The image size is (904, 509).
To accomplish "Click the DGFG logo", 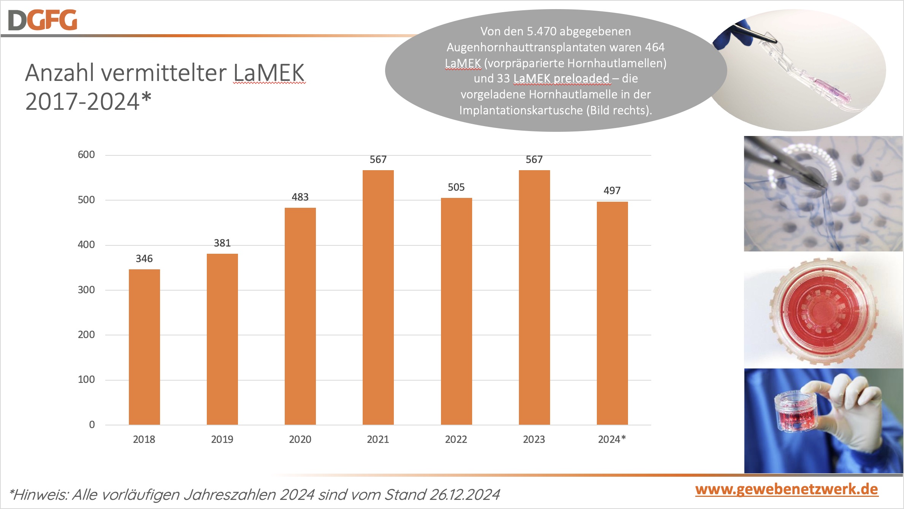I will click(x=43, y=20).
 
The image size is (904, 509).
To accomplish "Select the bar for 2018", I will click(x=144, y=346).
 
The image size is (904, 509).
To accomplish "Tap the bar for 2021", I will click(x=378, y=297).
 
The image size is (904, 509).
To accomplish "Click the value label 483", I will click(x=300, y=197).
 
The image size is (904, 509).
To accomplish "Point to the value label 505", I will click(x=456, y=187).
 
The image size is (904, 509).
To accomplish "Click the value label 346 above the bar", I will click(x=144, y=259).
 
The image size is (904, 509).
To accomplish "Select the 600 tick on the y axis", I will click(x=86, y=155).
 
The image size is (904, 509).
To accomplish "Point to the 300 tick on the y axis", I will click(x=86, y=290).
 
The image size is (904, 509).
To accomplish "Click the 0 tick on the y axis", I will click(x=92, y=425).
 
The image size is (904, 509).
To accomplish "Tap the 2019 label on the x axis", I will click(x=222, y=439).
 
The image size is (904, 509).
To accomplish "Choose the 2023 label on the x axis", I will click(x=534, y=439).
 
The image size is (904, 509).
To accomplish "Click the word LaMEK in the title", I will click(x=269, y=73).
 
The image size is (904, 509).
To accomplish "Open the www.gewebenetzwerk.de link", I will click(x=787, y=489).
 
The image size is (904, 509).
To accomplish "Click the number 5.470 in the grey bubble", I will click(x=541, y=32).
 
